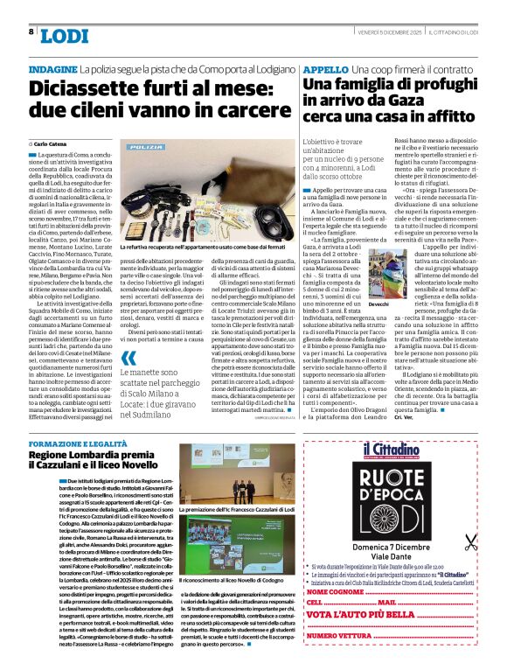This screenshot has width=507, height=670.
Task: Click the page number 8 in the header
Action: [x=31, y=31]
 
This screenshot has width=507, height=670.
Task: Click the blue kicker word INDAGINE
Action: [x=52, y=67]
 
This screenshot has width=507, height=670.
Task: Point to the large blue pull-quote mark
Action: [x=128, y=357]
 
